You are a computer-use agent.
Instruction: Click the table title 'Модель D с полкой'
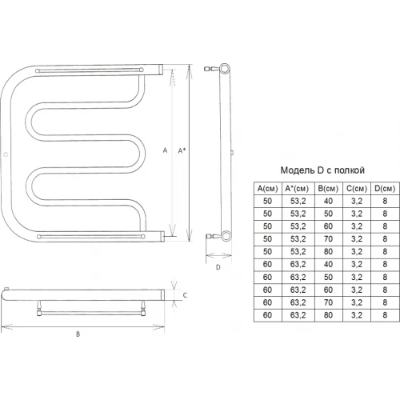[322, 170]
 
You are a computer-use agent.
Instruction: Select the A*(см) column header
[297, 189]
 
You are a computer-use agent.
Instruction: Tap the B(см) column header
[328, 189]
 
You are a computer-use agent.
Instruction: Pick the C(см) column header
[357, 189]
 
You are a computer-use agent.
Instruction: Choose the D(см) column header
[385, 189]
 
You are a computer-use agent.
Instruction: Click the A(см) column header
[267, 189]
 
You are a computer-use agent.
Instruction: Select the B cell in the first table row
[328, 201]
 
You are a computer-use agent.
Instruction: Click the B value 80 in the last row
[328, 315]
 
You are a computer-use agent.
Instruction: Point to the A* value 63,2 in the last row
[298, 315]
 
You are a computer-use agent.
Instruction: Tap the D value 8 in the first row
[385, 201]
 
